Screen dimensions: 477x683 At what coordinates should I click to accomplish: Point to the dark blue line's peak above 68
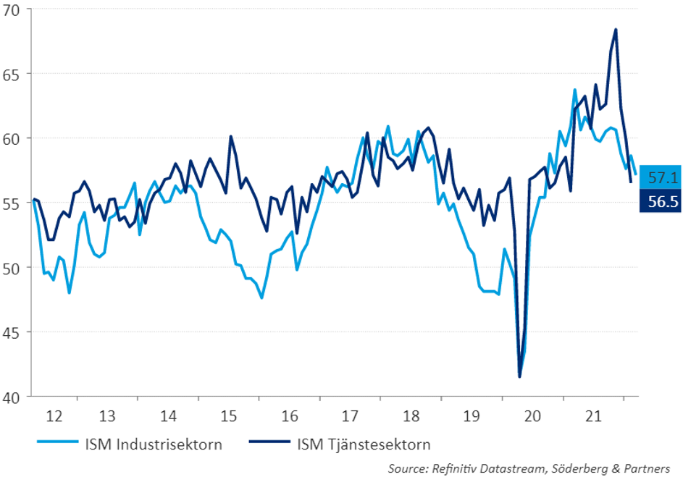(616, 30)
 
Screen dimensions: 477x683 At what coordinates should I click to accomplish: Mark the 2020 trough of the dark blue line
(519, 376)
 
